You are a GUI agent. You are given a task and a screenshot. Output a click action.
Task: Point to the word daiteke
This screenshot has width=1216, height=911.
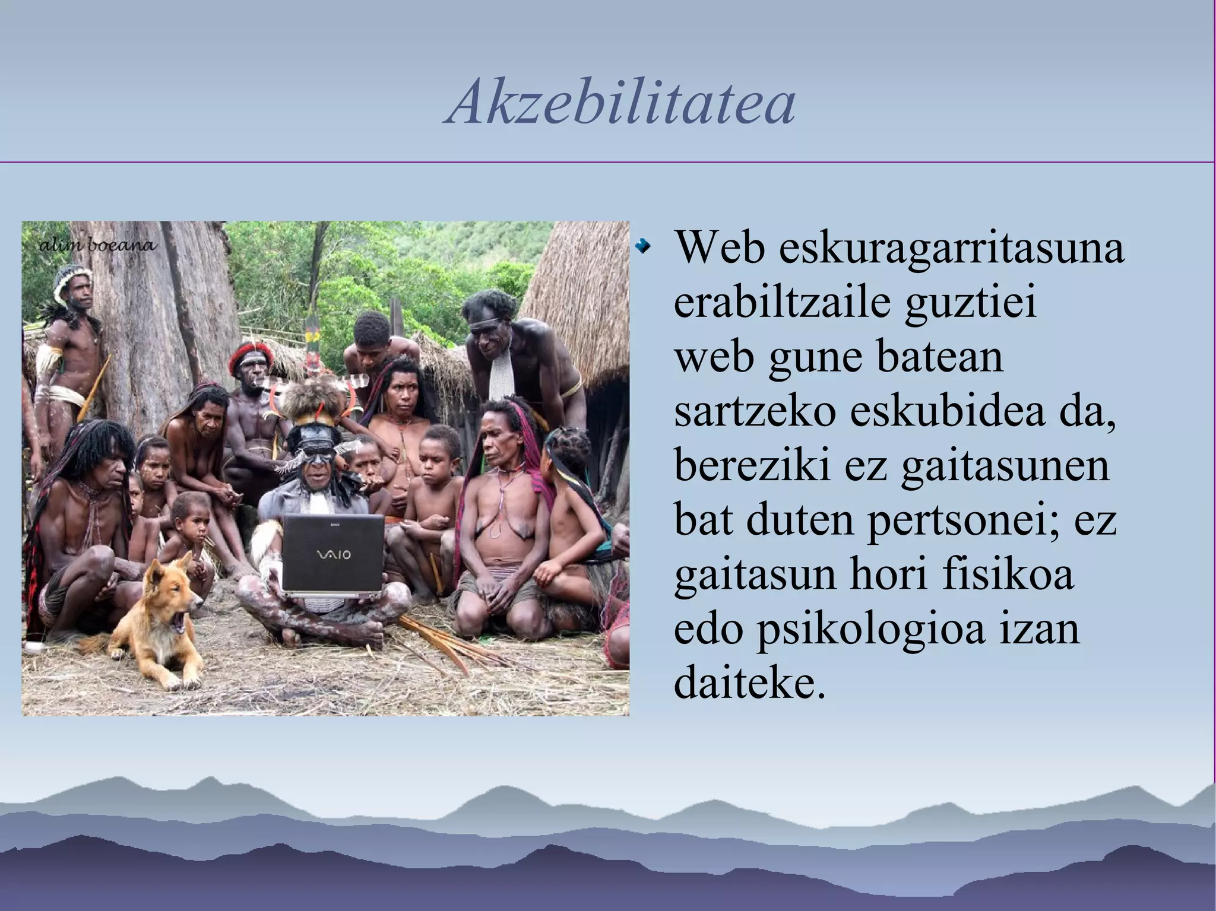coord(750,683)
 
